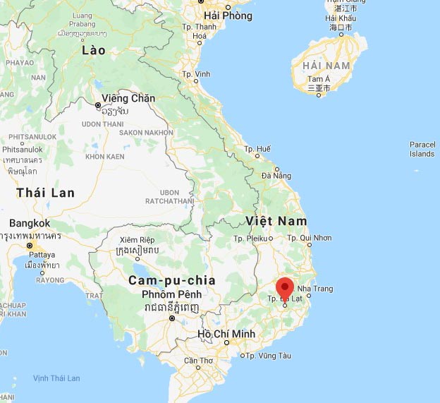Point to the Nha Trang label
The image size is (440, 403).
click(x=315, y=289)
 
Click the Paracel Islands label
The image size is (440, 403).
click(x=422, y=149)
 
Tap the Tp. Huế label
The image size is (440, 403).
click(x=257, y=149)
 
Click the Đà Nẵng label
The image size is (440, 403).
click(x=276, y=175)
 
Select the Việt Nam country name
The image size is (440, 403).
click(x=276, y=221)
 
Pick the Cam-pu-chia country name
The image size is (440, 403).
click(x=164, y=280)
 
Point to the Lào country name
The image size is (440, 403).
click(x=93, y=50)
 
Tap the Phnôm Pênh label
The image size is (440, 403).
click(x=171, y=294)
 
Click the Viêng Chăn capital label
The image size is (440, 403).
click(x=128, y=98)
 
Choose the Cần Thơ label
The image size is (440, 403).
click(x=198, y=361)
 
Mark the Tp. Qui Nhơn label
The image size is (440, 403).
click(x=311, y=238)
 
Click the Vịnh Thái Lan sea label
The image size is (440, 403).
click(x=56, y=378)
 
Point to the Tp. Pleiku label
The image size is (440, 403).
click(x=250, y=239)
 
